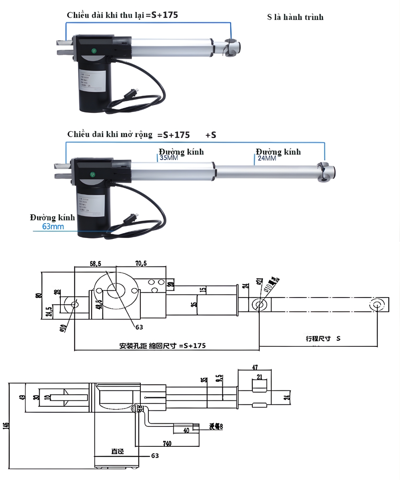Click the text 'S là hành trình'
pyautogui.click(x=295, y=17)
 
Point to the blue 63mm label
pyautogui.click(x=53, y=227)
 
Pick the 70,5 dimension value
pyautogui.click(x=141, y=264)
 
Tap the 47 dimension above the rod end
pyautogui.click(x=254, y=367)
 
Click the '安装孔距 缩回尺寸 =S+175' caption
pyautogui.click(x=162, y=346)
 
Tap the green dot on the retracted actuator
pyautogui.click(x=94, y=51)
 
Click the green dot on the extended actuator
pyautogui.click(x=93, y=174)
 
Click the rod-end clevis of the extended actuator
pyautogui.click(x=326, y=172)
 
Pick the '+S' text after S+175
pyautogui.click(x=211, y=135)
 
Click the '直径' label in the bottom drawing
pyautogui.click(x=117, y=452)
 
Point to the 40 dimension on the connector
pyautogui.click(x=186, y=431)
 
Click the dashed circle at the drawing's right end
pyautogui.click(x=376, y=305)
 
